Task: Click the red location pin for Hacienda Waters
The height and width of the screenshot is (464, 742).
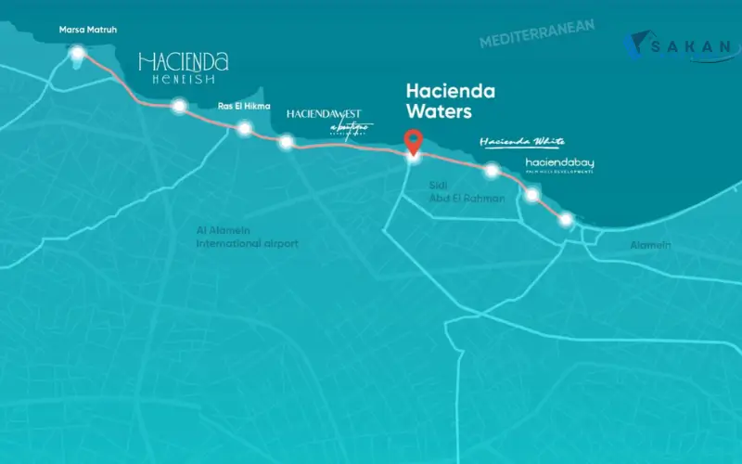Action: [414, 142]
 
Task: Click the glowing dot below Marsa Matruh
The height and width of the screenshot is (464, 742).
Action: [78, 53]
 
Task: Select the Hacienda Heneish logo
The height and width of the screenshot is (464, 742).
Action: [183, 68]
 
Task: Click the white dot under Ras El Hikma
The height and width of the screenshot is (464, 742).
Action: [244, 128]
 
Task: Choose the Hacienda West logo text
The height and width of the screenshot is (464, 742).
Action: [331, 120]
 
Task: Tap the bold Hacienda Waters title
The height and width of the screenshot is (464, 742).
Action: [452, 102]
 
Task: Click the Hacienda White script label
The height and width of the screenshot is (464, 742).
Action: [522, 142]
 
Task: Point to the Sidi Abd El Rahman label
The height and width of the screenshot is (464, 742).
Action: [467, 191]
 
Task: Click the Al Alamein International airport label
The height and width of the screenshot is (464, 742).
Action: [247, 237]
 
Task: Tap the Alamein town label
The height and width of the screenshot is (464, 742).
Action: [650, 245]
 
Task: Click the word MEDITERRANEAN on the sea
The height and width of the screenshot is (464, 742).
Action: [537, 34]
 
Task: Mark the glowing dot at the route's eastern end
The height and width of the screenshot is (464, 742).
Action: [565, 219]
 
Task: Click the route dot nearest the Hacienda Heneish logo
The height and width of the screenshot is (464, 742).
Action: [178, 106]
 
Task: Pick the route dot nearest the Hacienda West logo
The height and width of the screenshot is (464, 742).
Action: [287, 142]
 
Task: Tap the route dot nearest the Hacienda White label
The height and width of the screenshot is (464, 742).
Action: [492, 170]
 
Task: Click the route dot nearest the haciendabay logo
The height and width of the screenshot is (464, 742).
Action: [531, 195]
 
